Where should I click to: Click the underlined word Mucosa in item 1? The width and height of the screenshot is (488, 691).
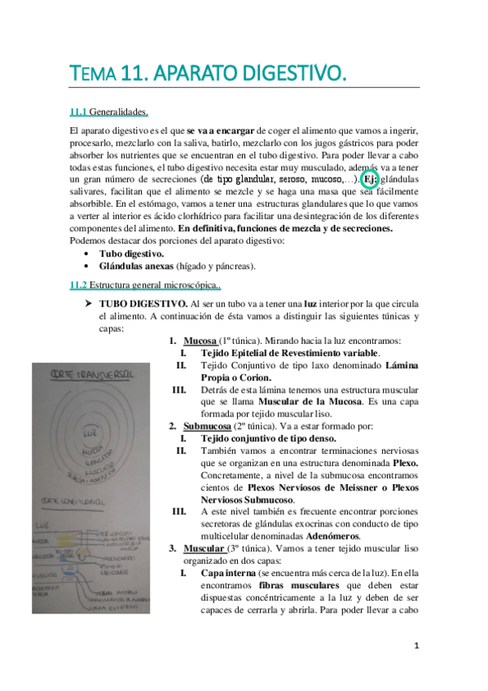tap(200, 341)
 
